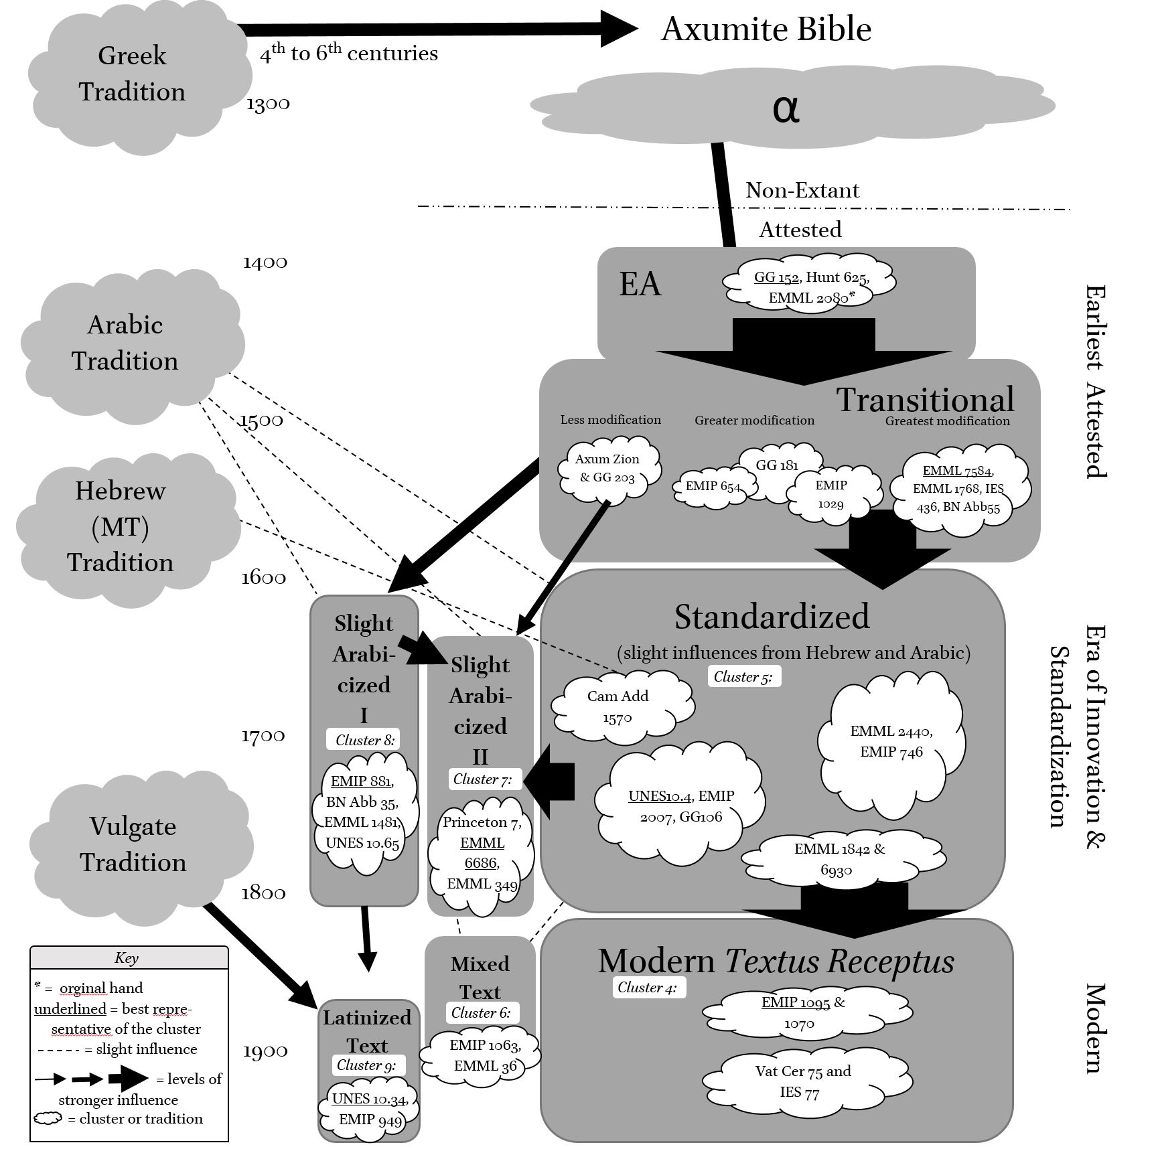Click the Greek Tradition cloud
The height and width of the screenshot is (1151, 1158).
coord(132,74)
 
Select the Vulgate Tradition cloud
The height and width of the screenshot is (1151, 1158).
coord(133,844)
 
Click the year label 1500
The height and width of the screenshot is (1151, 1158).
coord(261,420)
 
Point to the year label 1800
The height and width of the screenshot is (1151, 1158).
coord(263,893)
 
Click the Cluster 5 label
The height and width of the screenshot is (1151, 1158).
coord(743,676)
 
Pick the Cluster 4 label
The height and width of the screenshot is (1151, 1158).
coord(648,987)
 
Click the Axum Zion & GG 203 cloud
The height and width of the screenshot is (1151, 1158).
coord(607,469)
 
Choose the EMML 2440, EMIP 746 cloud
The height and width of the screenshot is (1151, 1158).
coord(891,741)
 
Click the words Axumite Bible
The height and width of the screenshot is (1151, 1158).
coord(766,29)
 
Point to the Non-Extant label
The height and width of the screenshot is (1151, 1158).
coord(802,190)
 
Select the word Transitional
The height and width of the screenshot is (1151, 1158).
coord(925,400)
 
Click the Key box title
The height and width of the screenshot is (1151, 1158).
coord(127,957)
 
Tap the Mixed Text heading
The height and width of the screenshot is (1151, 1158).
coord(480,978)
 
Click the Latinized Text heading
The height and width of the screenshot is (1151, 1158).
coord(367,1031)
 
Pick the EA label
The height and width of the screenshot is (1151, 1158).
coord(640,284)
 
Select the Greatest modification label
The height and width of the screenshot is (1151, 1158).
coord(947,421)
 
